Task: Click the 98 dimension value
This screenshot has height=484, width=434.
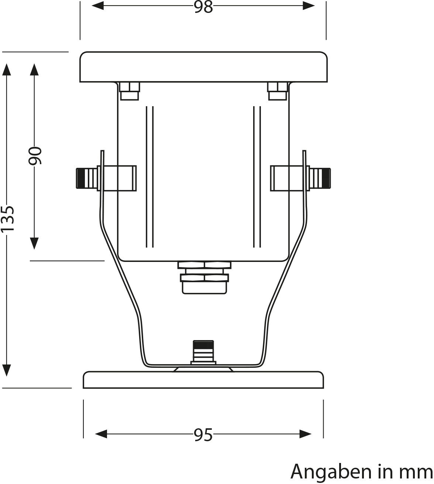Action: (203, 7)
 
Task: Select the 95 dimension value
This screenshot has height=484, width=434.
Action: (203, 435)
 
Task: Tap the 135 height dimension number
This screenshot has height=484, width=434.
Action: (7, 218)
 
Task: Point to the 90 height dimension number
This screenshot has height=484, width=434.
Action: (35, 156)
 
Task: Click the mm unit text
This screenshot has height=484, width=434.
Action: (416, 472)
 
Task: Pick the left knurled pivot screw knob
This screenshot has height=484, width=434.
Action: (86, 179)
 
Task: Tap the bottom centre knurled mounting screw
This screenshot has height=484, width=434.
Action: (203, 352)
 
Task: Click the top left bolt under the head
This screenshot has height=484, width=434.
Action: (129, 91)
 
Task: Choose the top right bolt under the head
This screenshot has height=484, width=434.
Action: (278, 91)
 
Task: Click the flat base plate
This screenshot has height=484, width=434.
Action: (203, 380)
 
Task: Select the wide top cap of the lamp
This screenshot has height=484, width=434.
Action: (203, 67)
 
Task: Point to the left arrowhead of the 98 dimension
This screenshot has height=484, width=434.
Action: (97, 6)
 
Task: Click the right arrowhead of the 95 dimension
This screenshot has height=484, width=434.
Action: (306, 434)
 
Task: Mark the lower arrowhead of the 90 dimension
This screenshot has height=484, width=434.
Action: (34, 243)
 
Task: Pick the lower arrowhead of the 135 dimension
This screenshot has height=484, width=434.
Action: (7, 370)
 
